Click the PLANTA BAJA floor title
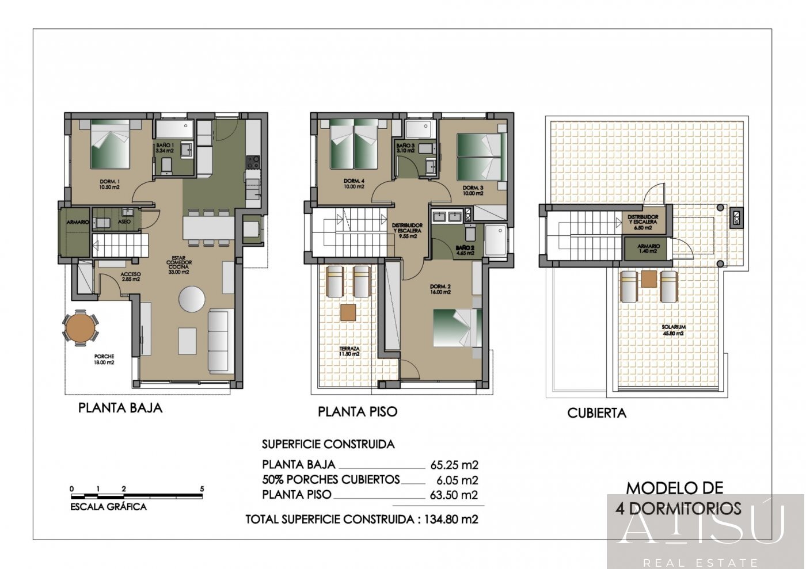(120, 408)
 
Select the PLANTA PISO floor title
(358, 412)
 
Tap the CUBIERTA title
(596, 413)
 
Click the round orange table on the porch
(80, 327)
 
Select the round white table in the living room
(191, 299)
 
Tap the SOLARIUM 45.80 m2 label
(673, 330)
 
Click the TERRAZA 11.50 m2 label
(349, 351)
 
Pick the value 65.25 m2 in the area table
(454, 465)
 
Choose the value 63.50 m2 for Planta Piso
(454, 495)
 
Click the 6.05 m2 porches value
(458, 480)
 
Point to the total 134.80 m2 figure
(451, 519)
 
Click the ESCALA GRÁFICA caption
(108, 507)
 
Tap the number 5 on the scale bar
(201, 489)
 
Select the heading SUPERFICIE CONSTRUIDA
(328, 444)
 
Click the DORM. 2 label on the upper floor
(440, 289)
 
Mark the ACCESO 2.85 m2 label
(131, 277)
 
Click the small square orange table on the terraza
(347, 312)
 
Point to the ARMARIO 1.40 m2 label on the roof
(648, 249)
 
